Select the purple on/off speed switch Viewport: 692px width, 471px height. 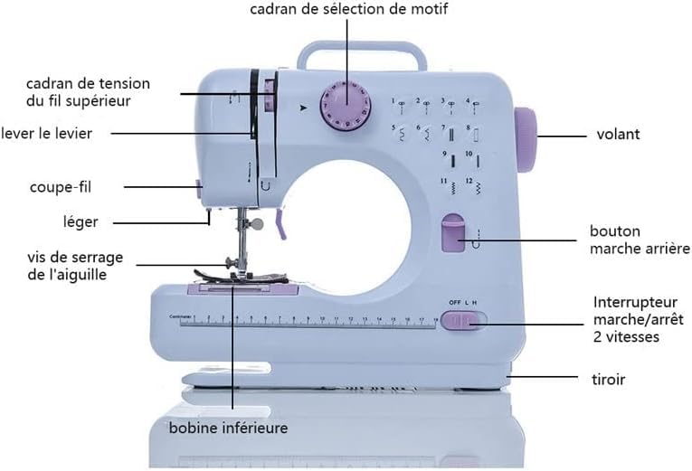(463, 320)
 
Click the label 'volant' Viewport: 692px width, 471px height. (618, 135)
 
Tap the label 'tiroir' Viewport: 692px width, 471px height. (607, 380)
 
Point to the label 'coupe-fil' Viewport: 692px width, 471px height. (61, 187)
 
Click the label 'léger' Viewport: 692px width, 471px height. (81, 221)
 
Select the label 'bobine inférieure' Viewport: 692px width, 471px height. (228, 428)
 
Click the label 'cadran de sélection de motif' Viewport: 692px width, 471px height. (348, 9)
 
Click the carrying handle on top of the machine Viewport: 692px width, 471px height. (362, 51)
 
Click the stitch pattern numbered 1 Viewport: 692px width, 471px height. (397, 105)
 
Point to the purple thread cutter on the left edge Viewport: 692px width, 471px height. (197, 189)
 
